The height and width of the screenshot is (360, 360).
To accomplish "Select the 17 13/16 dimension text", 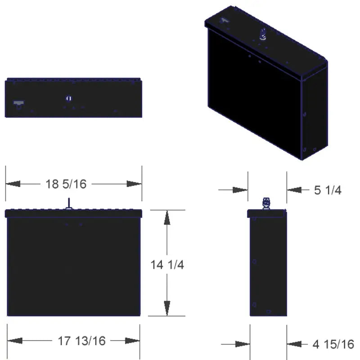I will [x=81, y=341].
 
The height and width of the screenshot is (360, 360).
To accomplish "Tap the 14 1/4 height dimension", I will [x=167, y=265].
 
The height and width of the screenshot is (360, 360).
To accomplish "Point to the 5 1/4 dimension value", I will [x=328, y=190].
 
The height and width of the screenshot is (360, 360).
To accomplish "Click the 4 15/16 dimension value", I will [x=333, y=344].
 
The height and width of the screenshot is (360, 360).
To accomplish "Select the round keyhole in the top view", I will [x=69, y=98].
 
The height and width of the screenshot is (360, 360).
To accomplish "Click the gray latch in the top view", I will [x=18, y=104].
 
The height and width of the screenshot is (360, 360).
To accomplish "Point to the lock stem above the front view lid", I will [x=68, y=203].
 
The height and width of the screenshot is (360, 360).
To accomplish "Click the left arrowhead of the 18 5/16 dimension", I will [x=13, y=184].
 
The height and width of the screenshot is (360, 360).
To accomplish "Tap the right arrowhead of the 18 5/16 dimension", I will [x=134, y=184].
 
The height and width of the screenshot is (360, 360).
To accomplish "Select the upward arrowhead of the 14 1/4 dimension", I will [x=167, y=218].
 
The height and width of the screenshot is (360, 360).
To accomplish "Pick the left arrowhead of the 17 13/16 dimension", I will [x=15, y=341].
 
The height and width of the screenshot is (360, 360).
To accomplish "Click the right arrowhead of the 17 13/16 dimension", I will [x=132, y=341].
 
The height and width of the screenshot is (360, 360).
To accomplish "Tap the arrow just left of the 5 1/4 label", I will [x=295, y=190].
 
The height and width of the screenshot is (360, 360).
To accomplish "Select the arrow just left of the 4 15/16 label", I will [x=295, y=344].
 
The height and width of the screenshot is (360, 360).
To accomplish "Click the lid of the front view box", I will [x=74, y=213].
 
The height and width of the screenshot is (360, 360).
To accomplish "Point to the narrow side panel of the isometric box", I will [x=314, y=112].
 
